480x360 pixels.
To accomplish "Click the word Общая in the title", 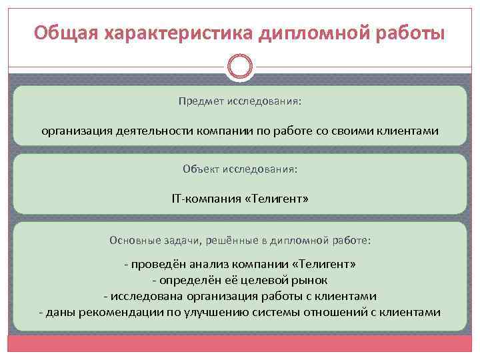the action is [61, 33].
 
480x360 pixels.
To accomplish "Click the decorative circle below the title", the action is [240, 67].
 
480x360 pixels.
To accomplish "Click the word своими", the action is [371, 131].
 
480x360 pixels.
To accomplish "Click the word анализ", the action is [209, 264].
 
